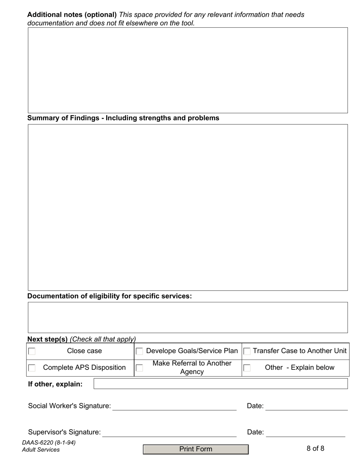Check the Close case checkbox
(32, 351)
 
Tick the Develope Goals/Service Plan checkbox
(139, 351)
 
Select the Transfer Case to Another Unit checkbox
(247, 351)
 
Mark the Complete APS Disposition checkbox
(32, 368)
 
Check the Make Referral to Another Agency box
(139, 368)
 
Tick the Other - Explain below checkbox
(247, 368)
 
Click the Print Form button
(196, 449)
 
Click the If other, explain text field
(221, 384)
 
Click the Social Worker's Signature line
(174, 406)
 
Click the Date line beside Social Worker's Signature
(306, 406)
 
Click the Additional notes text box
(188, 70)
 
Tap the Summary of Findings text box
(188, 207)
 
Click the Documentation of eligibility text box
(188, 317)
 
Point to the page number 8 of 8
(315, 449)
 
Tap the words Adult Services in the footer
(41, 450)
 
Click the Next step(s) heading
(47, 339)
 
